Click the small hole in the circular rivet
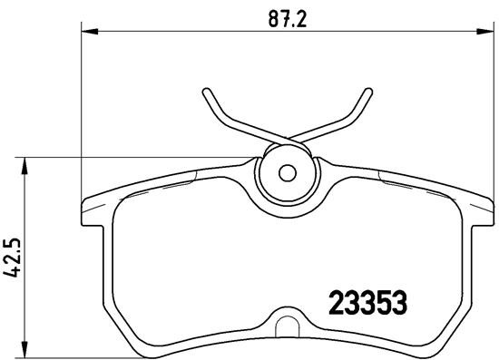point(287,171)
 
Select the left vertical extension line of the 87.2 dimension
point(83,109)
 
